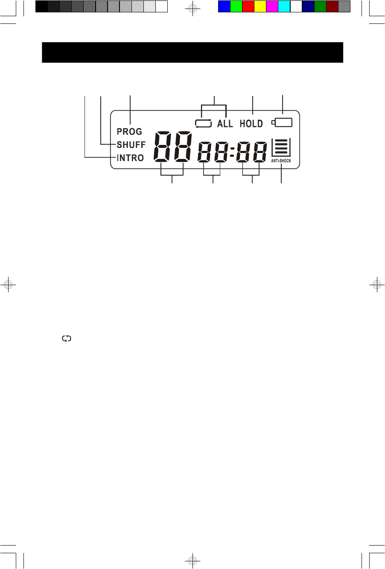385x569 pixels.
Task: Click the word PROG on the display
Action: point(129,132)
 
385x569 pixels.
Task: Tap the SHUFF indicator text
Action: point(131,145)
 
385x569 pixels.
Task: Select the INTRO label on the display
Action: point(130,158)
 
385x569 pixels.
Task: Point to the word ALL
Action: point(225,124)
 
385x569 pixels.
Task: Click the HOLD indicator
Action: point(251,124)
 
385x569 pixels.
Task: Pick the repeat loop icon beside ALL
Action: point(203,124)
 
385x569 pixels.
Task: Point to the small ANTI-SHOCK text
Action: point(281,161)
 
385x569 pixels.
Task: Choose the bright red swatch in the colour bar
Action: point(248,7)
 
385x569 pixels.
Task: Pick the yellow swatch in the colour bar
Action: point(260,7)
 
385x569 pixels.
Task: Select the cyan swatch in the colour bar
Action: point(284,7)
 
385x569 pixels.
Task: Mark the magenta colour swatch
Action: point(272,7)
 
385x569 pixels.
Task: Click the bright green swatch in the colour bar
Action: point(236,7)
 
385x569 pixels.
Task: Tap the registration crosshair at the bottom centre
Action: point(193,560)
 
